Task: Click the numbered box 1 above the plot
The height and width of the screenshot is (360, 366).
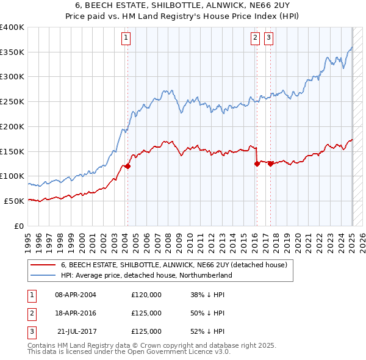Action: pos(126,38)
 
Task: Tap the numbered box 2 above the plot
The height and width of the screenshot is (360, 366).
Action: pos(254,38)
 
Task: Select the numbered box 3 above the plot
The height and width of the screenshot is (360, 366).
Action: pos(268,38)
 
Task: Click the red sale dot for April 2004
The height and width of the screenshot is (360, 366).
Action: pos(128,166)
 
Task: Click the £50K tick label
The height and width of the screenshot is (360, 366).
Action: pos(15,201)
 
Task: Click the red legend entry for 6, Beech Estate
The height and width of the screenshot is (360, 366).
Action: pos(178,265)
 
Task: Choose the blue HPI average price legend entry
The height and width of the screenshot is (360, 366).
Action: pos(146,275)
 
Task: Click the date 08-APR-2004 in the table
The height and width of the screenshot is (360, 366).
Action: pos(75,295)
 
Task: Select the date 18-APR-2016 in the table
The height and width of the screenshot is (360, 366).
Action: pos(75,313)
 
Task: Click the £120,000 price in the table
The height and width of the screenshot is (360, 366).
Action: pos(146,295)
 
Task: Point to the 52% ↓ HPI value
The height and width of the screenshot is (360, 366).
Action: pos(207,331)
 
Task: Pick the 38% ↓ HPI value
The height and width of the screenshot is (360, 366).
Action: pos(207,295)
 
